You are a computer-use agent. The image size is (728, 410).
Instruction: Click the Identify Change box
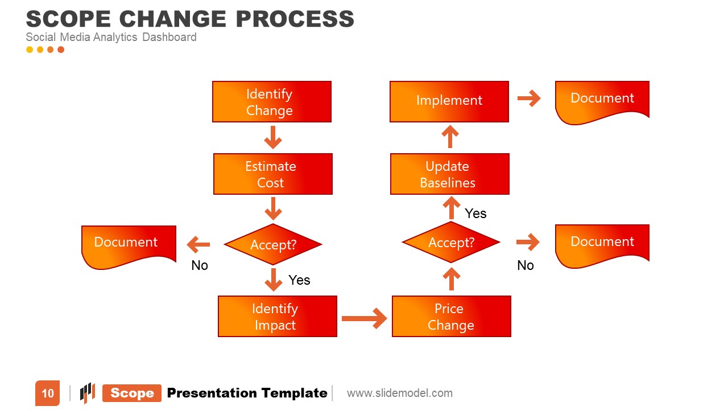pos(271,101)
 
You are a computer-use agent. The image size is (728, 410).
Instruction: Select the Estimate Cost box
pos(272,174)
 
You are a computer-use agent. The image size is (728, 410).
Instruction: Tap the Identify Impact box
pos(277,316)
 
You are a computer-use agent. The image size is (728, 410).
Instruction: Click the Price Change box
pos(451,316)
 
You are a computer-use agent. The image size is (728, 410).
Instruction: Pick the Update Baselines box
pos(449,174)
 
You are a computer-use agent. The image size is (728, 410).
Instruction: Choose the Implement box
pos(449,101)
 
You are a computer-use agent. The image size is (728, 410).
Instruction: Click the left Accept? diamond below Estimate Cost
pos(273,244)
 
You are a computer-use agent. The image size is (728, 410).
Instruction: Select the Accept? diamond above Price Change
pos(451,242)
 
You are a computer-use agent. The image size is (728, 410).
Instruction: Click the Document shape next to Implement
pos(602,101)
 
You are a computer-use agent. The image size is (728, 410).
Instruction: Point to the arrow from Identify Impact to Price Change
pos(364,318)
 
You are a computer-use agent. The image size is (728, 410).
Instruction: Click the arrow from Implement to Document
pos(529,99)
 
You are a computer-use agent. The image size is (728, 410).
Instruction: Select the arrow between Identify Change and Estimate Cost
pos(272,137)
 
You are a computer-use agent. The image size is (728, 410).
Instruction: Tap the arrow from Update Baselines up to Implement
pos(450,137)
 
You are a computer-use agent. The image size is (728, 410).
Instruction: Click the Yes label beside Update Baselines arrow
pos(475,214)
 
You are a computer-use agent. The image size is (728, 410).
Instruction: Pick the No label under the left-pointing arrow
pos(200,265)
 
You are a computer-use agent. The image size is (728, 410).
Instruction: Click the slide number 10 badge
pos(47,393)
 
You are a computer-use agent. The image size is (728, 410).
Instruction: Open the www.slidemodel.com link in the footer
pos(400,393)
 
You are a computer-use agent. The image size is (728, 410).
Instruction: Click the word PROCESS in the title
pos(295,19)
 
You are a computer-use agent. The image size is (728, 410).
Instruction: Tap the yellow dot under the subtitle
pos(30,50)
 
